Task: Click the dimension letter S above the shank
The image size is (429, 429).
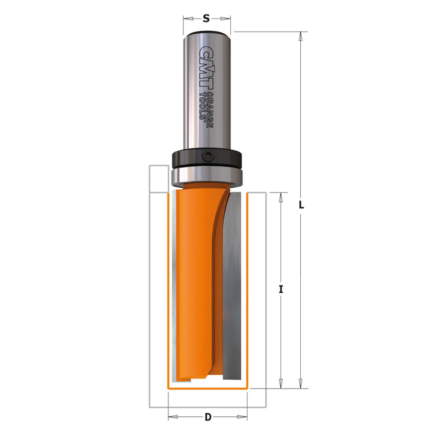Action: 206,19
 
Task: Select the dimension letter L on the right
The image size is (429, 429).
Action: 301,205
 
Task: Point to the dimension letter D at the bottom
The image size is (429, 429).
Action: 208,416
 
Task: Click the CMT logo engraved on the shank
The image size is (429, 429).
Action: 206,68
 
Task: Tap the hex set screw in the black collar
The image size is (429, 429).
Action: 207,158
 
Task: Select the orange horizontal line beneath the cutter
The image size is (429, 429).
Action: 208,388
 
